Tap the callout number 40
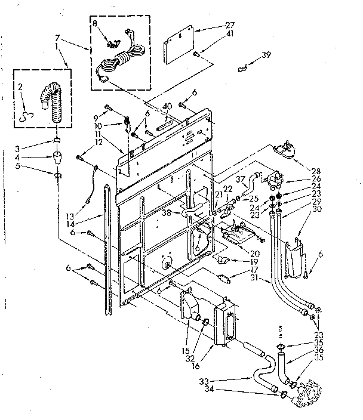(167, 106)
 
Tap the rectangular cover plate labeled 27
(181, 46)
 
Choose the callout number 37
(239, 179)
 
